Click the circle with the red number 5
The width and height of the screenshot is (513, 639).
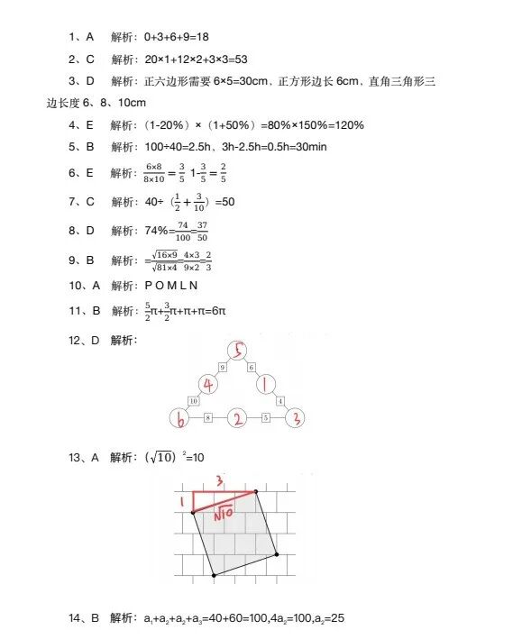click(x=238, y=351)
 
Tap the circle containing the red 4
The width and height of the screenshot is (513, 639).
click(x=207, y=385)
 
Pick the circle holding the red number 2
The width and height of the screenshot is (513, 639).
click(x=237, y=419)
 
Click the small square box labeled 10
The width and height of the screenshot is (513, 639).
click(x=193, y=400)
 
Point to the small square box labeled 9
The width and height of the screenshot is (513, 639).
click(x=223, y=367)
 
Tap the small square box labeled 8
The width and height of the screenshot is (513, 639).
click(x=208, y=418)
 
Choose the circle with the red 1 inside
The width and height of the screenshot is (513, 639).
click(x=268, y=385)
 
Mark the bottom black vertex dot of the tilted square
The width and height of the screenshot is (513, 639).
click(x=213, y=574)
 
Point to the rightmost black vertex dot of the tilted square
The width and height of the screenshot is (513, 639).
click(x=276, y=554)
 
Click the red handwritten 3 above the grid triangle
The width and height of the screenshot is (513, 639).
click(x=219, y=481)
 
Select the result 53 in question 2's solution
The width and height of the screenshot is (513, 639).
click(x=239, y=59)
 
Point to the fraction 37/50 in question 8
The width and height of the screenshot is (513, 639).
click(x=203, y=232)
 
